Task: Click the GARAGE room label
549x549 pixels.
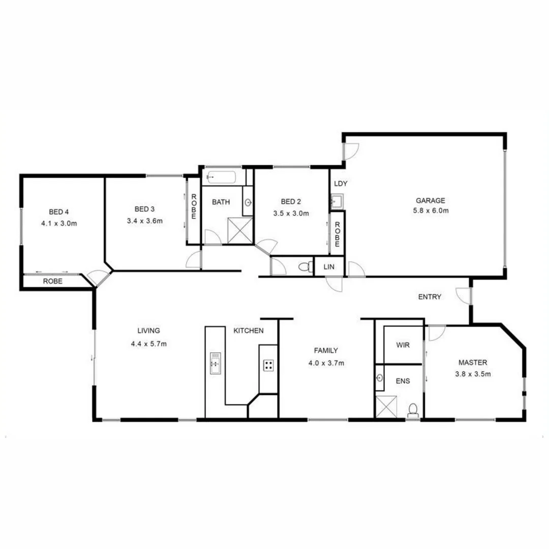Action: [x=431, y=200]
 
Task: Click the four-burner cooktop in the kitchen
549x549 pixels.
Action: [x=268, y=364]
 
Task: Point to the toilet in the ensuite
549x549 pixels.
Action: [x=413, y=410]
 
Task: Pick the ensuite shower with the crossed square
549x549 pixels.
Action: [x=386, y=407]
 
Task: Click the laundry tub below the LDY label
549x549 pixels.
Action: [x=337, y=201]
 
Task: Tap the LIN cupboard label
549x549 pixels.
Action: [x=329, y=266]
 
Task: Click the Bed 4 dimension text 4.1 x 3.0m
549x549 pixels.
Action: [x=59, y=223]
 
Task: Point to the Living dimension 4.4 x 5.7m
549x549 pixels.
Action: [x=148, y=344]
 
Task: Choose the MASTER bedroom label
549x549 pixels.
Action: [x=473, y=362]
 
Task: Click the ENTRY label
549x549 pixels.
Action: [x=430, y=297]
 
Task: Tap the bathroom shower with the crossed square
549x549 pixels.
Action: [x=240, y=231]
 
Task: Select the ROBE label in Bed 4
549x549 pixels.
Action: [x=52, y=281]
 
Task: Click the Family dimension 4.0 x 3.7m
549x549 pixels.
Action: [x=326, y=363]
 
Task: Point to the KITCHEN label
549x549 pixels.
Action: [x=248, y=331]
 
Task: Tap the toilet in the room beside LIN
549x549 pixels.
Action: [x=305, y=266]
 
